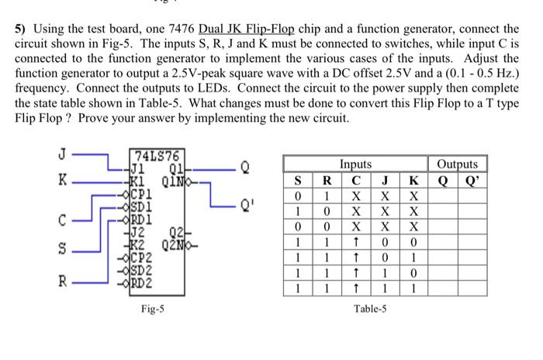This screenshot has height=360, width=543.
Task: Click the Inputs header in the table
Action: tap(355, 164)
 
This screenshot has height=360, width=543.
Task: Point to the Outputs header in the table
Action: tap(457, 164)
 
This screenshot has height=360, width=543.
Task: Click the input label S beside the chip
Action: tap(62, 250)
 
